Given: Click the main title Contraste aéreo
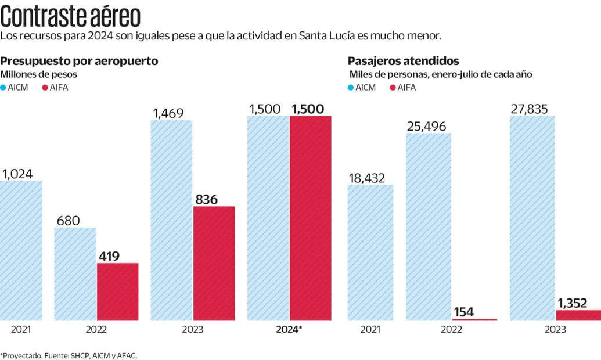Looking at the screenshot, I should (x=70, y=17).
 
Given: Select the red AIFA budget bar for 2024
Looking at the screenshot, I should (x=311, y=218).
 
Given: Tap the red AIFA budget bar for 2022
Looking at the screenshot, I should (x=117, y=291).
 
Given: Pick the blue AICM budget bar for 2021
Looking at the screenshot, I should (x=21, y=250).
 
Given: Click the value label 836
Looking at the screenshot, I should (x=207, y=200).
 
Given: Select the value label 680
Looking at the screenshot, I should (x=68, y=221).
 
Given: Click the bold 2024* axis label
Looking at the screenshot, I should (x=289, y=329).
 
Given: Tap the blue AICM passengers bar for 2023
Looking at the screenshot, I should (x=532, y=218).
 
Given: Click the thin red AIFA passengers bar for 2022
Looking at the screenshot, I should (x=474, y=319).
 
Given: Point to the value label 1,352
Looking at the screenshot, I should (x=573, y=303).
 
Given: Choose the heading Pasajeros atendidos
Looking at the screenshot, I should (x=403, y=61).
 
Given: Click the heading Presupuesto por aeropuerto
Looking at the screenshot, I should (x=79, y=61).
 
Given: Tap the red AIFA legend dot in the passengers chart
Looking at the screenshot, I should (x=393, y=88).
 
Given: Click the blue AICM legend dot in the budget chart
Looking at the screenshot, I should (x=3, y=88).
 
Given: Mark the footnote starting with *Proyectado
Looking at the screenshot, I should (x=69, y=355).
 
